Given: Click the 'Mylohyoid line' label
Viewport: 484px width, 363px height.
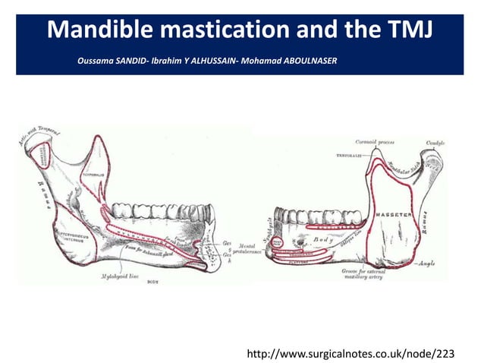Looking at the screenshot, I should coord(120,277).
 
